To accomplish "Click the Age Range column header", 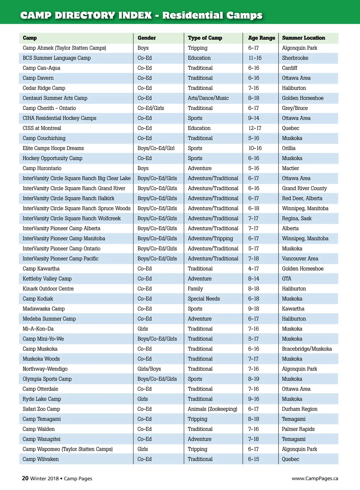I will tap(261, 38).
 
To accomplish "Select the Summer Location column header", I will tap(303, 38).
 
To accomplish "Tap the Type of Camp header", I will tap(205, 38).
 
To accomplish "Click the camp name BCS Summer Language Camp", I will tap(57, 58).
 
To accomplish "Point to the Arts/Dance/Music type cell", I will tap(208, 98).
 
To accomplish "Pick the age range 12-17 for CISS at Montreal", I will tap(255, 128).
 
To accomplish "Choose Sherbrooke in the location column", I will tap(295, 58).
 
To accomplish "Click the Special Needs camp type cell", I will tap(204, 299).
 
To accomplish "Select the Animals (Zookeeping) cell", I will tap(212, 409).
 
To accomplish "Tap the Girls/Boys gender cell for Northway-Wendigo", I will tap(149, 369).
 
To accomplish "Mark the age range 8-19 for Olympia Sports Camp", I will tap(253, 379).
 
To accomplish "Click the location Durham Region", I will tap(299, 409).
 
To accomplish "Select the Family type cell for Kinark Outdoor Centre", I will tap(195, 289).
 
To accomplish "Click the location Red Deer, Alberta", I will tap(302, 198).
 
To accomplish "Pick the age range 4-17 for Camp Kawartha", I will tap(253, 269).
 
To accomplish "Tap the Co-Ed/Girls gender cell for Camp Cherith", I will tap(151, 108).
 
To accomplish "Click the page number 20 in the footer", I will tap(25, 478).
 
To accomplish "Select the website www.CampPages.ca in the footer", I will tap(315, 479).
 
